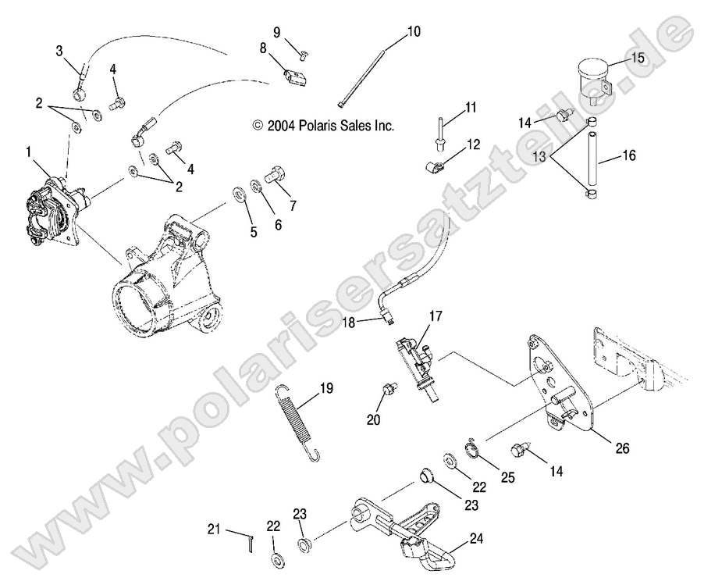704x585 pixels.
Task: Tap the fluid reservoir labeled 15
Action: [592, 77]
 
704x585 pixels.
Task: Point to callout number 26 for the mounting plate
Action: [622, 449]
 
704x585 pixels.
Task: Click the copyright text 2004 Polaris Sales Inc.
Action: [323, 125]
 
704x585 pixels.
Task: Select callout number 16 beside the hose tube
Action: [629, 156]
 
